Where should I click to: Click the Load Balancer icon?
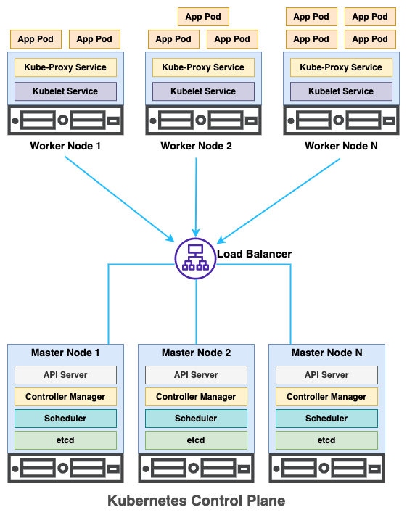tap(195, 258)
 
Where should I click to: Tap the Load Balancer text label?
tap(254, 254)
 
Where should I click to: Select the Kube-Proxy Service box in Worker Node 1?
tap(65, 67)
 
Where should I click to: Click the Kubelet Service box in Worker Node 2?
tap(203, 91)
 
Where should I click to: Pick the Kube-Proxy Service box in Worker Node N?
tap(341, 67)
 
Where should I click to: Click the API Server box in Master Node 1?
tap(65, 375)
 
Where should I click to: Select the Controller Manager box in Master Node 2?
tap(196, 397)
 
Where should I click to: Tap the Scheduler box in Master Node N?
tap(326, 419)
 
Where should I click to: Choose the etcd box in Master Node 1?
tap(65, 440)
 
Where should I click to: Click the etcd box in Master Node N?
tap(326, 440)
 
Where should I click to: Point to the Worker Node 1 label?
tap(65, 146)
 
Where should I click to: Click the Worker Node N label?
tap(341, 146)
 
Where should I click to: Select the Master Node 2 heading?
tap(196, 353)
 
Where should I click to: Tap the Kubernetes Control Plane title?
tap(196, 501)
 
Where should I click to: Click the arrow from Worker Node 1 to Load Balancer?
tap(120, 199)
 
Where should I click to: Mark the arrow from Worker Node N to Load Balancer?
tap(279, 201)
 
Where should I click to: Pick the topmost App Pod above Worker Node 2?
tap(203, 17)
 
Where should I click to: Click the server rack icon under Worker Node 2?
tap(203, 120)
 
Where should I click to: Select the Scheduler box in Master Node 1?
tap(65, 419)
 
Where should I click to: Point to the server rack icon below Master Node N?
tap(326, 468)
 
